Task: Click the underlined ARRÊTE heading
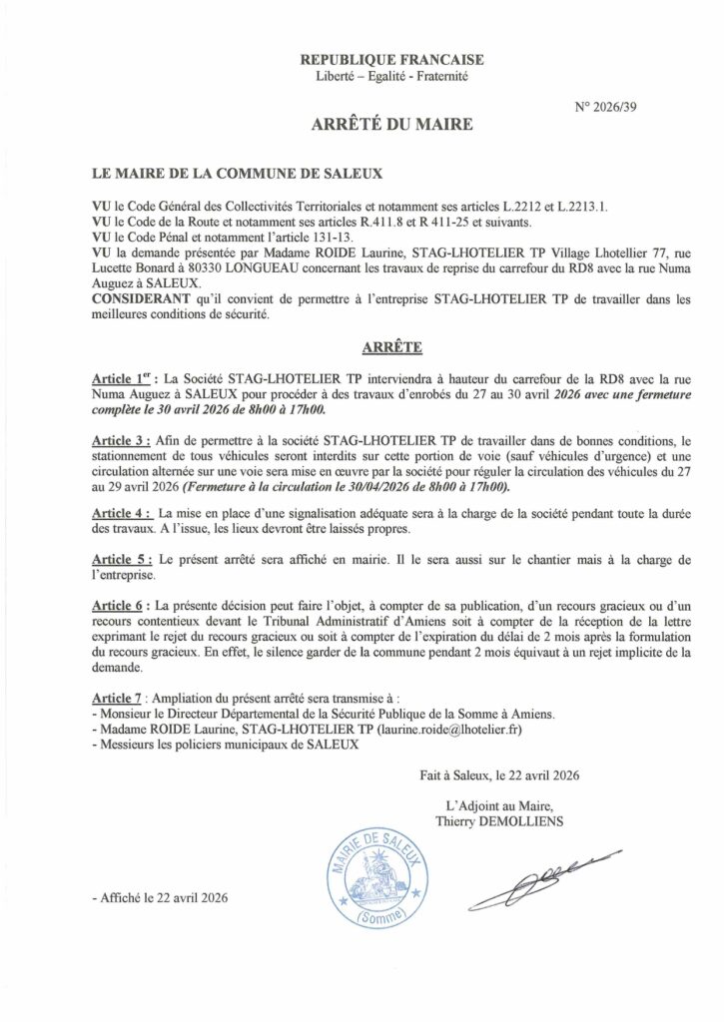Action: (x=388, y=348)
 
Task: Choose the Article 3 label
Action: (x=122, y=440)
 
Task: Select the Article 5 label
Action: (x=122, y=560)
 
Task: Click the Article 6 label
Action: (x=122, y=606)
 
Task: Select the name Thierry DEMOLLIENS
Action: (x=499, y=821)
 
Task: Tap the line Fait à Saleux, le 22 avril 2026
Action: (x=499, y=774)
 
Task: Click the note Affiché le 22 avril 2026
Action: (x=160, y=897)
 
